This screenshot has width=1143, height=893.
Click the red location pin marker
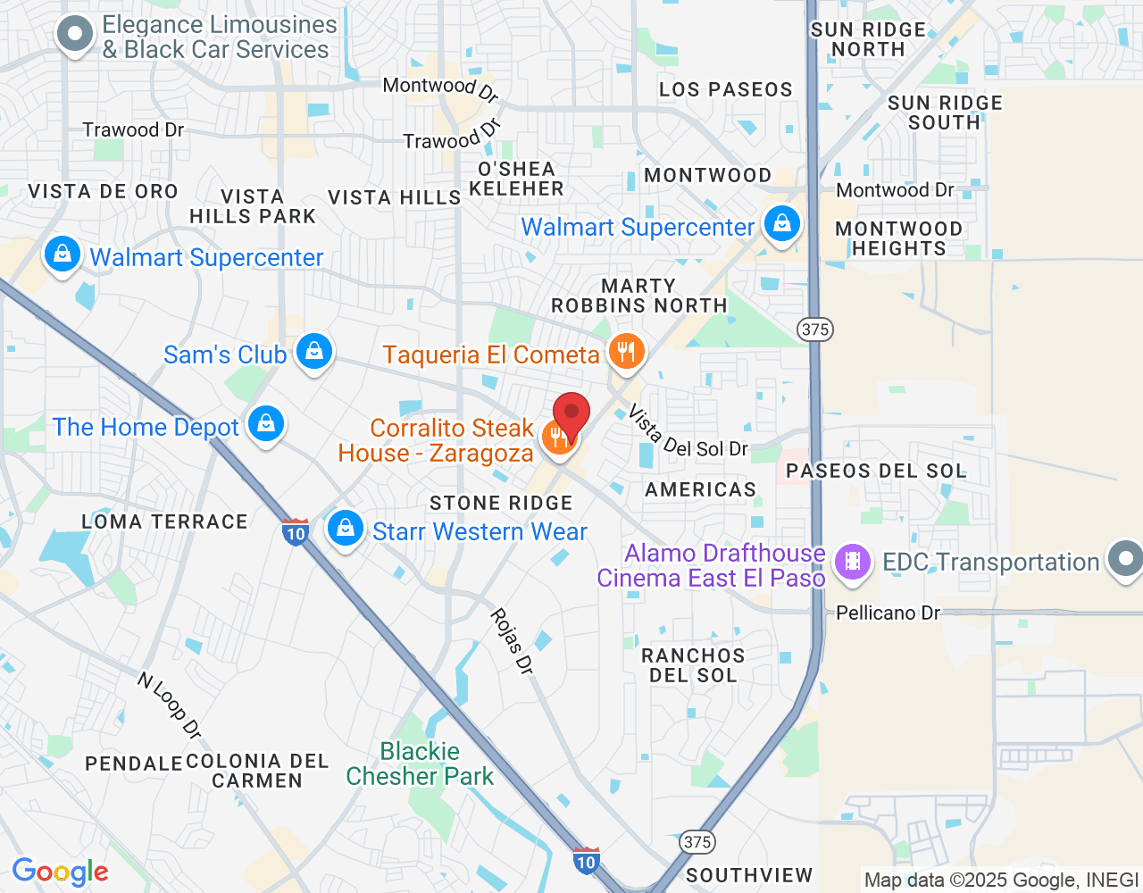tap(571, 415)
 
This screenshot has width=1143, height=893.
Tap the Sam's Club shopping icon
tap(314, 352)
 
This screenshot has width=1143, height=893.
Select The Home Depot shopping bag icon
tap(266, 425)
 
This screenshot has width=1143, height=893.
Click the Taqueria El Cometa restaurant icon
tap(627, 352)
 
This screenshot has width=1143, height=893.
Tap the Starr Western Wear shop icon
tap(345, 529)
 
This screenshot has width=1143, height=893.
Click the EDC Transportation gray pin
tap(1125, 560)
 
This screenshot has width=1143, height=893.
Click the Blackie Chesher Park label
tap(420, 764)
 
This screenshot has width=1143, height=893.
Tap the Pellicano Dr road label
tap(888, 613)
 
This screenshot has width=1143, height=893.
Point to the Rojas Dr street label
tap(512, 641)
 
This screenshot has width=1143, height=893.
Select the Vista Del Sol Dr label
tap(688, 433)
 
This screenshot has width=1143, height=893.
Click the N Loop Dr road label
tap(170, 705)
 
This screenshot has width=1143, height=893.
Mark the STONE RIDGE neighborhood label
tap(501, 503)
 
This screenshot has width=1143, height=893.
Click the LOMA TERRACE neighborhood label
tap(164, 522)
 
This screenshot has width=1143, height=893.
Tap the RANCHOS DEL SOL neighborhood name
tap(693, 665)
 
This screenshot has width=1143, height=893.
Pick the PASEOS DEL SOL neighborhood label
tap(876, 471)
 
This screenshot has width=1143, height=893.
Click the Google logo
tap(61, 872)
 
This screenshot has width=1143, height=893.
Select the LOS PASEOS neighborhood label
tap(726, 89)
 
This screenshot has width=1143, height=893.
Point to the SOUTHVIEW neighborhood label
tap(749, 875)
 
